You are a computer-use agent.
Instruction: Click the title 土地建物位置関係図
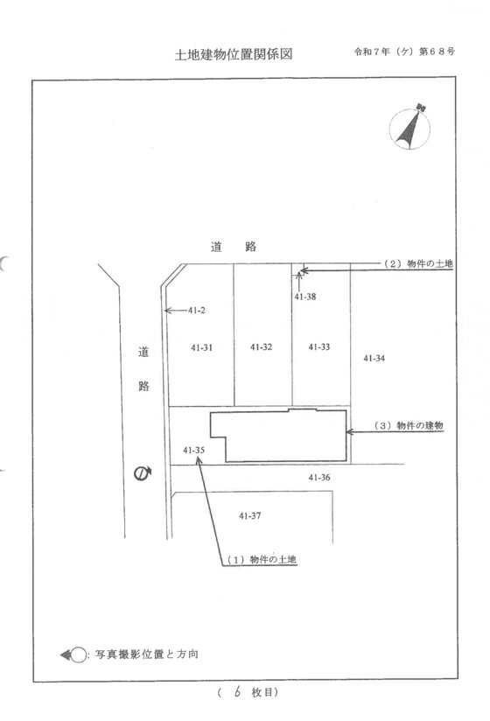[234, 54]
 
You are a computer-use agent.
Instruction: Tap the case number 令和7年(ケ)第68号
[404, 52]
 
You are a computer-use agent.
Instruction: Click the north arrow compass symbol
[410, 128]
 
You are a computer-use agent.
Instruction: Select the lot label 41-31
[202, 347]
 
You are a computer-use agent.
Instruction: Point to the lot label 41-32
[261, 347]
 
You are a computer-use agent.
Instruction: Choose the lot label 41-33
[319, 347]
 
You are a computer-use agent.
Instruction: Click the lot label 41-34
[374, 358]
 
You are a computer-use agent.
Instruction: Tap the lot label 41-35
[193, 450]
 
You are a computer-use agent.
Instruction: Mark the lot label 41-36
[319, 478]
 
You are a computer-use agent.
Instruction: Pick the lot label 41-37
[249, 516]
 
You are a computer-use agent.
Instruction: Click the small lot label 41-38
[305, 297]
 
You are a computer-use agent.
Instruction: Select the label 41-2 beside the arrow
[196, 311]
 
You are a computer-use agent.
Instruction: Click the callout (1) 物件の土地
[262, 560]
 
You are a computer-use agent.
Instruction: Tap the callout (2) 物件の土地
[418, 263]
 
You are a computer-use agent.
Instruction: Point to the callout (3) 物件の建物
[409, 425]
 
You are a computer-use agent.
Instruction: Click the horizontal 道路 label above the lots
[234, 247]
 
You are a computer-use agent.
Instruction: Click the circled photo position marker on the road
[143, 473]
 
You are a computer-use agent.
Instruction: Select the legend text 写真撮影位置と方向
[147, 654]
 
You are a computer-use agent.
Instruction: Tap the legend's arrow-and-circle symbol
[73, 654]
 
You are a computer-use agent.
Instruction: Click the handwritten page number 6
[237, 691]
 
